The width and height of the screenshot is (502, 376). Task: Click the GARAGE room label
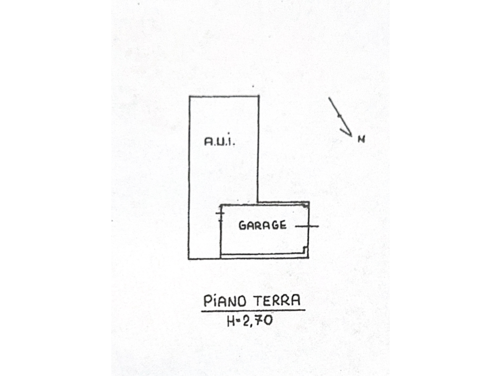click(x=263, y=225)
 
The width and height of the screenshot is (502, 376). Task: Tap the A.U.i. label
click(x=220, y=141)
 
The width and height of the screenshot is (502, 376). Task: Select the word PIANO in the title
click(x=225, y=301)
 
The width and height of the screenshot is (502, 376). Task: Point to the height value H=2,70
click(x=250, y=320)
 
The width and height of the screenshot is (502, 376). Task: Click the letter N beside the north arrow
click(x=361, y=139)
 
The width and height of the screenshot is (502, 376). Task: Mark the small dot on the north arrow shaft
click(x=339, y=116)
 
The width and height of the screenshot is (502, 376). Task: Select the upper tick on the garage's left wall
click(x=220, y=213)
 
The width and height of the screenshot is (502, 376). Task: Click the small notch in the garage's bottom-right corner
click(x=305, y=249)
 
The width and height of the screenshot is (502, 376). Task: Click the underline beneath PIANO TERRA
click(x=253, y=310)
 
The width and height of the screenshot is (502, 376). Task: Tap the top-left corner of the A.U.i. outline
click(x=190, y=96)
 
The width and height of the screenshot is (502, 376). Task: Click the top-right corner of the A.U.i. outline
click(x=258, y=96)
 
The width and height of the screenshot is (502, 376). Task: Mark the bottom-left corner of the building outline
click(x=189, y=258)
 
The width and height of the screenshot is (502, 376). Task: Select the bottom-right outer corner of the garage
click(x=309, y=258)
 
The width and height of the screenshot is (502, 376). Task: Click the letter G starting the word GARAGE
click(x=242, y=226)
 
